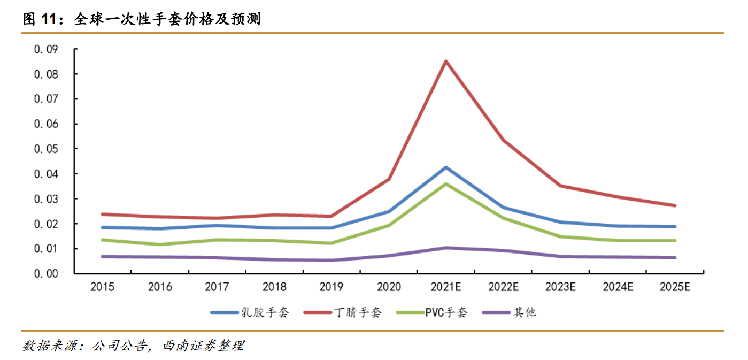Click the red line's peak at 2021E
coord(446,61)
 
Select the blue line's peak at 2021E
coord(446,167)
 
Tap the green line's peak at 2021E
coord(446,184)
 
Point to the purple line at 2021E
coord(446,248)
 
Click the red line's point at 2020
coord(389,179)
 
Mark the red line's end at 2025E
coord(675,205)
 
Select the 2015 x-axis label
coord(102,287)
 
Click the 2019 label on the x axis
coord(331,287)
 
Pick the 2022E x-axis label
coord(503,287)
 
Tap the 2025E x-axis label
coord(675,287)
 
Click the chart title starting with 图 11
coord(141,20)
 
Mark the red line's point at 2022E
coord(503,140)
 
